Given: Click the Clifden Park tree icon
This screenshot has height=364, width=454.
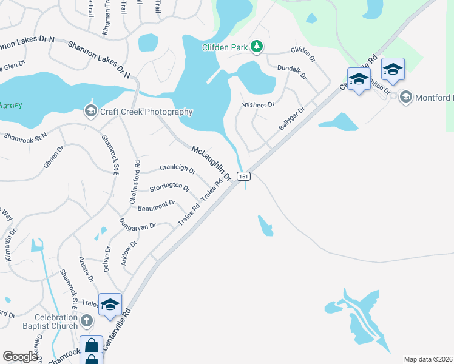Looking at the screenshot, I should coord(257,47).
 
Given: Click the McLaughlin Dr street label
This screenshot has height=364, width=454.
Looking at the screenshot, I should coord(212,163).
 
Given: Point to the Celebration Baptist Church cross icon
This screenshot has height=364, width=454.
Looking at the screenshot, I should coord(86,320).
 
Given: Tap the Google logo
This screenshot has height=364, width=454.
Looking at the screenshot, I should coord(20,357).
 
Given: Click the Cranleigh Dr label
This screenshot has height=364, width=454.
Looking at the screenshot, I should coord(177,169).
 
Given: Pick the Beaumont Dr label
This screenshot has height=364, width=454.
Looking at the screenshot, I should coord(157,205).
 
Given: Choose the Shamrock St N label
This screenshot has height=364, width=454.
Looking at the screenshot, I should coord(25,138).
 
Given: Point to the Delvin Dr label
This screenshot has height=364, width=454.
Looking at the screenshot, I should coord(107,258).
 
